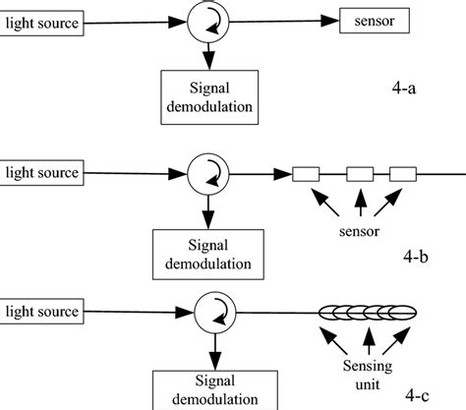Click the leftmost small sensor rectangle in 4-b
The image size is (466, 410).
pos(308,175)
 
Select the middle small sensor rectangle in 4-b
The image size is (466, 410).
pos(359,175)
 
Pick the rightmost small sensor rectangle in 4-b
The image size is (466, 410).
pos(404,175)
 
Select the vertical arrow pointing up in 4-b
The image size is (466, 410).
pos(360,205)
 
